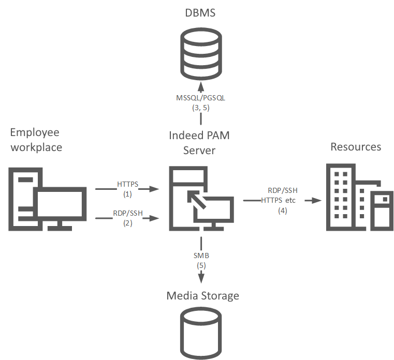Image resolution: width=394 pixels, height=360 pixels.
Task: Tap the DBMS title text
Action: pyautogui.click(x=200, y=12)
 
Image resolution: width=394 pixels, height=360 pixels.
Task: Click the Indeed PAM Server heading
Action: pyautogui.click(x=199, y=143)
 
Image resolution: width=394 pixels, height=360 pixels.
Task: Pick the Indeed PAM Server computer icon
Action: pyautogui.click(x=200, y=198)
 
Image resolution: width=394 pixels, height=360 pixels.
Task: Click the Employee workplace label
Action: pyautogui.click(x=36, y=140)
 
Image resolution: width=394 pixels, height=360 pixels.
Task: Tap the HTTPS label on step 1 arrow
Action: pyautogui.click(x=128, y=184)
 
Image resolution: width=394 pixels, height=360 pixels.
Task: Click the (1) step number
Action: pyautogui.click(x=128, y=194)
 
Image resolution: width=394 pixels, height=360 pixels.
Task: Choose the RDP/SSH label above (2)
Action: pyautogui.click(x=128, y=213)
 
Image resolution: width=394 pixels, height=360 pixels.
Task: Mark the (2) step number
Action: pyautogui.click(x=128, y=223)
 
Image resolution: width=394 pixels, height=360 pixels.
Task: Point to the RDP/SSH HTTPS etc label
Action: pyautogui.click(x=280, y=195)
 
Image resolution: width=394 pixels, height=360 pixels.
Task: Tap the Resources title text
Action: pyautogui.click(x=356, y=147)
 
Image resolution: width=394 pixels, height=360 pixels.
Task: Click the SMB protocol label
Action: pyautogui.click(x=201, y=255)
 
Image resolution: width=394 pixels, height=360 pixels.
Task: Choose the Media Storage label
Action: pyautogui.click(x=203, y=296)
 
